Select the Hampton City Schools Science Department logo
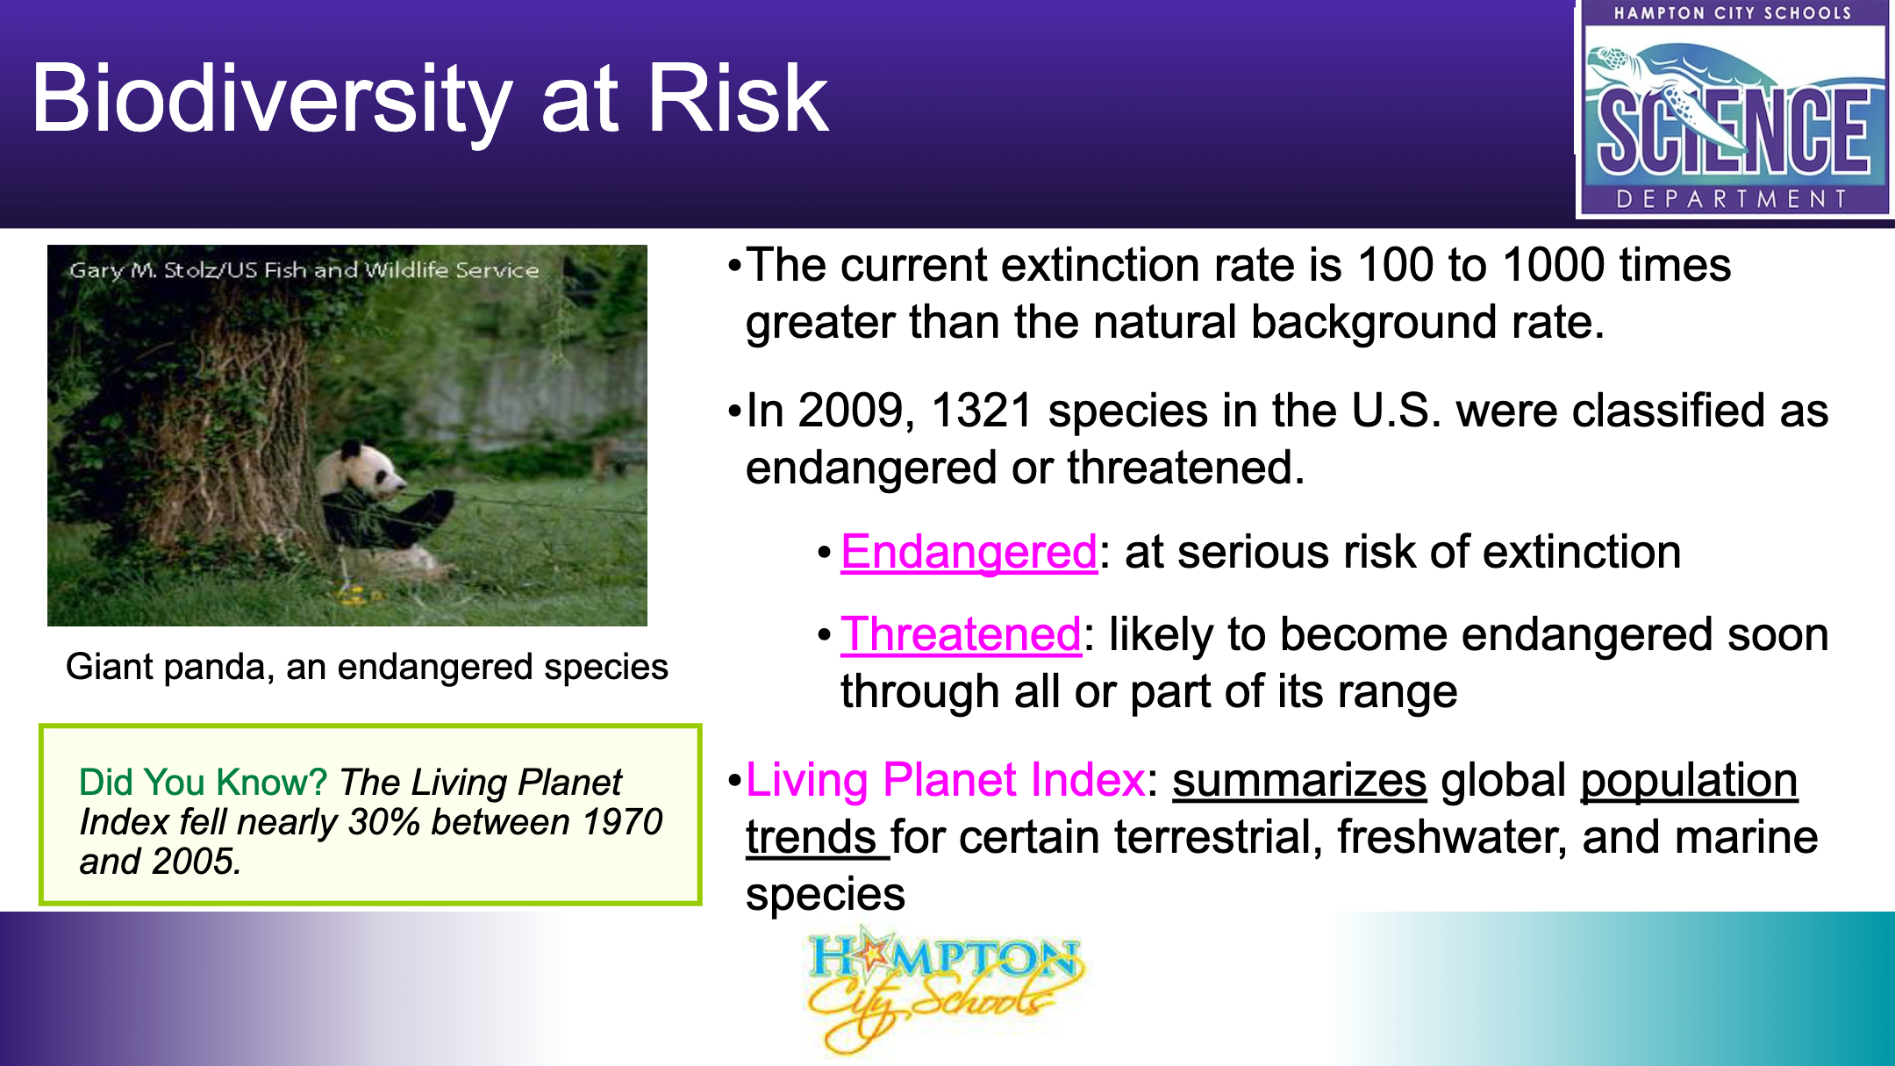(x=1734, y=109)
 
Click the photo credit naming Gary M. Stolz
(x=304, y=270)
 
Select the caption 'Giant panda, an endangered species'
(x=367, y=667)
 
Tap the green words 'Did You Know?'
(x=203, y=782)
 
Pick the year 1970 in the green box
(x=622, y=822)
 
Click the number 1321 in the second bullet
(x=982, y=411)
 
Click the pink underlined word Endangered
(x=969, y=553)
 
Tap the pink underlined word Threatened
(x=961, y=634)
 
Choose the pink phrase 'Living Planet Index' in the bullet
(x=945, y=780)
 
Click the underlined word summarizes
(x=1299, y=780)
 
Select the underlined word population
(x=1689, y=781)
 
